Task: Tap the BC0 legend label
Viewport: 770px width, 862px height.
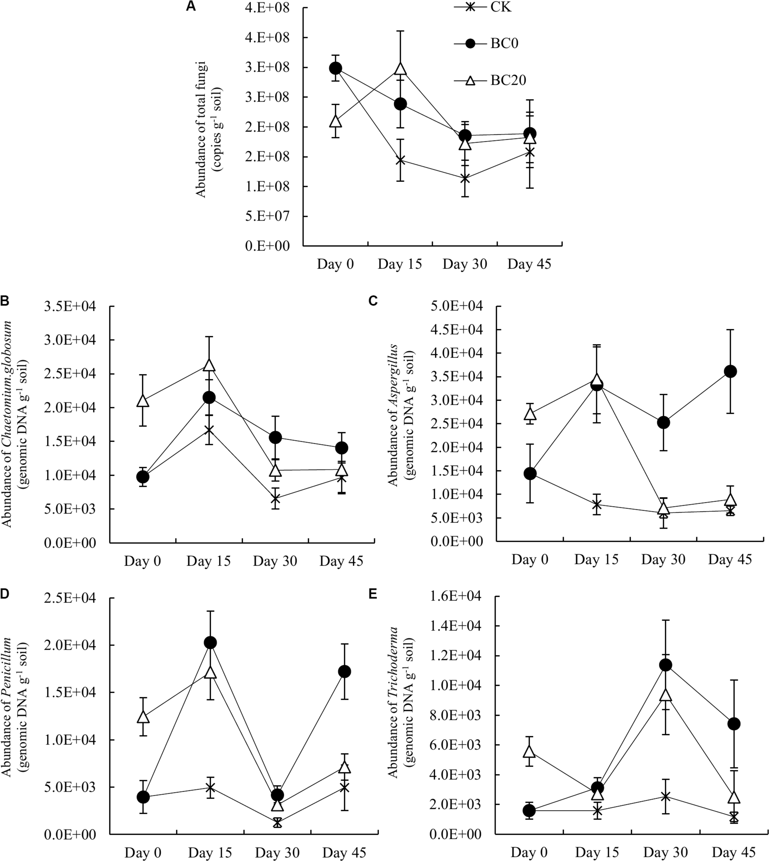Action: [504, 43]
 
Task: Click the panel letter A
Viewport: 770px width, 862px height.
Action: [191, 7]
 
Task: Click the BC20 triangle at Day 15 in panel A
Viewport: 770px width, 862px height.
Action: [400, 69]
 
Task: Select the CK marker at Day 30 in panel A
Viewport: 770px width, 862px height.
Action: [465, 179]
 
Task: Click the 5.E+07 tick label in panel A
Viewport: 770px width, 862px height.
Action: [267, 216]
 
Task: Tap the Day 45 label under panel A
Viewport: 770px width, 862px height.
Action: [529, 264]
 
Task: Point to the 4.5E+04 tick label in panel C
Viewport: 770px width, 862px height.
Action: [456, 330]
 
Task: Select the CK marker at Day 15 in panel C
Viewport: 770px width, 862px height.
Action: [597, 504]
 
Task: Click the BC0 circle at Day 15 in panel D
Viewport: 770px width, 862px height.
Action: [210, 642]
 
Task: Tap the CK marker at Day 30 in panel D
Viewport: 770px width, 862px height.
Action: [277, 823]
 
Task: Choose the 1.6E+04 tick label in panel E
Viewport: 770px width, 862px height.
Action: [456, 597]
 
